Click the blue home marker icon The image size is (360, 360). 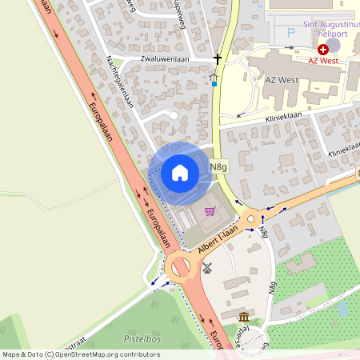pyautogui.click(x=180, y=172)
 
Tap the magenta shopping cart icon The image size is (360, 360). pyautogui.click(x=210, y=211)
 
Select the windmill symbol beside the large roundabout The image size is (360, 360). pyautogui.click(x=207, y=268)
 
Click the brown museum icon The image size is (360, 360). pyautogui.click(x=243, y=318)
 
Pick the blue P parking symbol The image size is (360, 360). pyautogui.click(x=291, y=34)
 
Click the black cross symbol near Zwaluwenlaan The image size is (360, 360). pyautogui.click(x=217, y=58)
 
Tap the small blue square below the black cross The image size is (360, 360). pyautogui.click(x=214, y=83)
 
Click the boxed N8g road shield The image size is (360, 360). pyautogui.click(x=219, y=167)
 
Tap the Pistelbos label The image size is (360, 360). pyautogui.click(x=143, y=339)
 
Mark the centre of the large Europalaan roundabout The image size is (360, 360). pyautogui.click(x=181, y=268)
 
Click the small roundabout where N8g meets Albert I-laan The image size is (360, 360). pyautogui.click(x=254, y=217)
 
